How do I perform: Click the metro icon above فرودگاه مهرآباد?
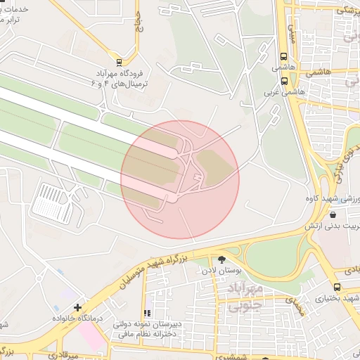[118, 61]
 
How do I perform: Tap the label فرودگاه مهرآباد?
[115, 73]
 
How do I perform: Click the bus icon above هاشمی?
[283, 56]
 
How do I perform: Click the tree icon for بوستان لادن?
[224, 259]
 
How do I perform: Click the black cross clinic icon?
[77, 307]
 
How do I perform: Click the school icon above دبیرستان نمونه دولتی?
[147, 314]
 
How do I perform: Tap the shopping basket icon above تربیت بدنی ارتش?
[332, 214]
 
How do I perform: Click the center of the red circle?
[180, 179]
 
